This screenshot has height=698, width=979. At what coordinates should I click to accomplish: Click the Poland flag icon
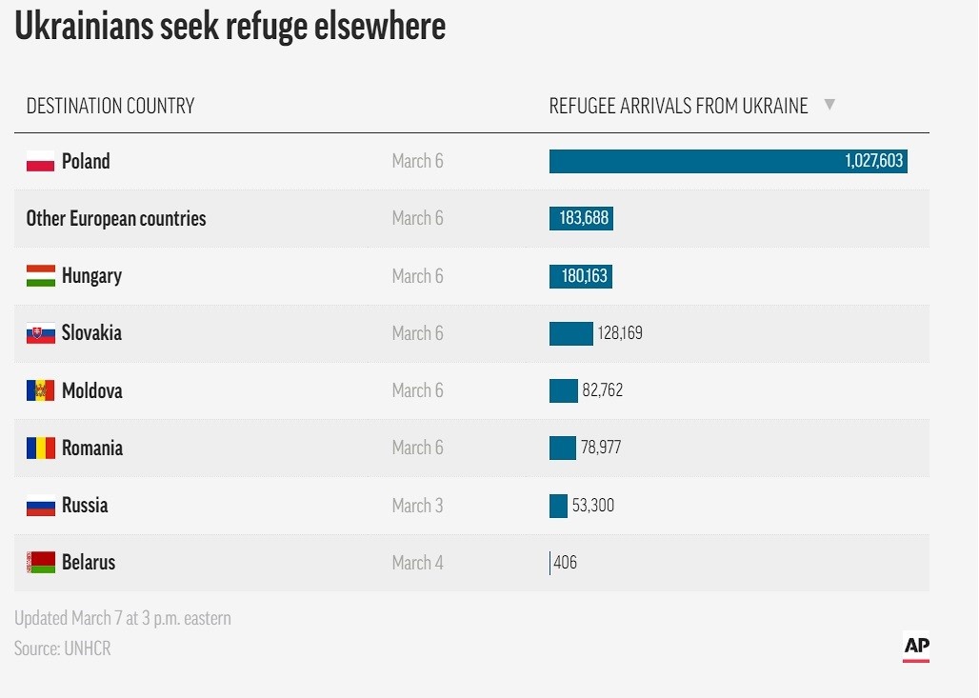(40, 162)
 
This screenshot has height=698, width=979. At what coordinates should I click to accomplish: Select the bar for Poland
(728, 161)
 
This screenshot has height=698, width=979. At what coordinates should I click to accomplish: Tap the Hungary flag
(40, 276)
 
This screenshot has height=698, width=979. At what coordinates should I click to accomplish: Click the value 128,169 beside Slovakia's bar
(620, 333)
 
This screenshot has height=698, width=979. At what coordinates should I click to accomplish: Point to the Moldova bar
(564, 390)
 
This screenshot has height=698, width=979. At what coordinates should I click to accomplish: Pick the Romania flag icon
(40, 448)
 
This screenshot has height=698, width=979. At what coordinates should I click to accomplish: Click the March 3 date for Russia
(417, 506)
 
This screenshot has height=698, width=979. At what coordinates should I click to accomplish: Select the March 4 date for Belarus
(417, 563)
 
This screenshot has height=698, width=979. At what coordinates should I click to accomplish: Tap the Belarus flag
(40, 563)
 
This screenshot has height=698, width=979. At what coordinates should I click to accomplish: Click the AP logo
(916, 647)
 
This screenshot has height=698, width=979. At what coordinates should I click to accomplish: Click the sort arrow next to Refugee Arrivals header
(829, 105)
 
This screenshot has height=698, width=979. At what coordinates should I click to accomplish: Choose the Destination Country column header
(110, 106)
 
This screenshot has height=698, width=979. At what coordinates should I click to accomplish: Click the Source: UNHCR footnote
(63, 648)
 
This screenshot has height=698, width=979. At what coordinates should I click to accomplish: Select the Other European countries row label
(116, 219)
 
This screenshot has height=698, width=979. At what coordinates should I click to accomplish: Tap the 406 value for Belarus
(565, 563)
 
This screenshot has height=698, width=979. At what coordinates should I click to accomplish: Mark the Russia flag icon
(40, 506)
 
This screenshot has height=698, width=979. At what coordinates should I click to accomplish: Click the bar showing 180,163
(581, 276)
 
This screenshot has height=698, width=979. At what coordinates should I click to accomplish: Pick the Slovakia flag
(40, 333)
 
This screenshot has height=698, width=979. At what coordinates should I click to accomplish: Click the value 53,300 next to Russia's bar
(592, 506)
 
